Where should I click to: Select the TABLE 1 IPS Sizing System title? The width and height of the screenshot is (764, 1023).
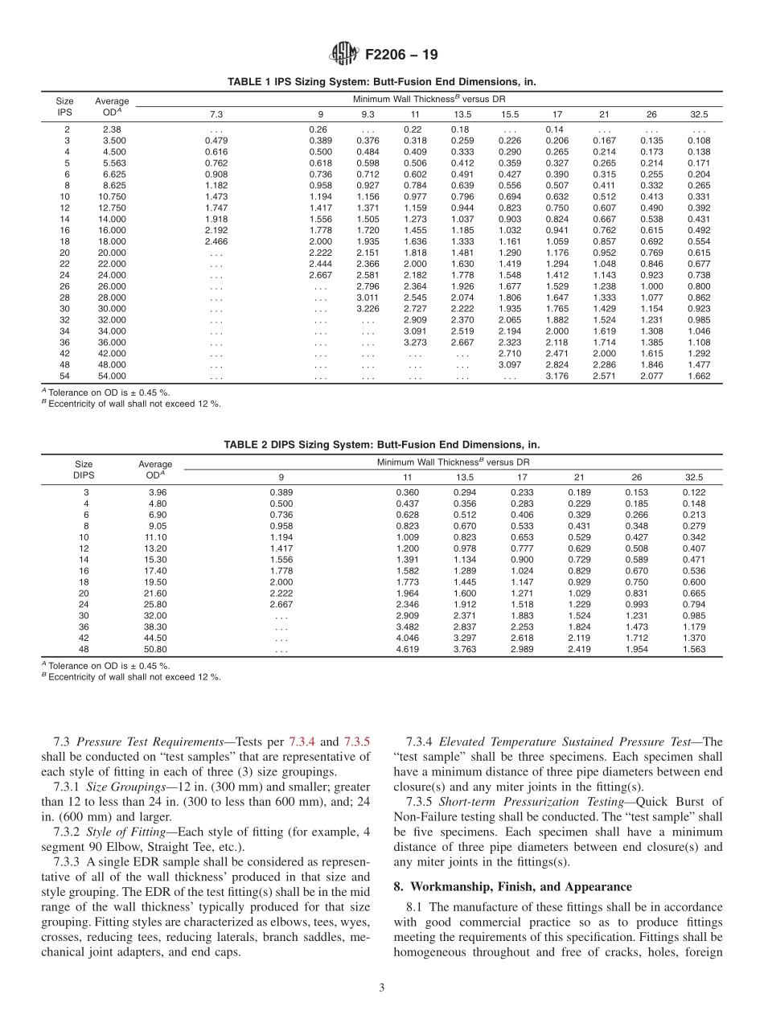(381, 82)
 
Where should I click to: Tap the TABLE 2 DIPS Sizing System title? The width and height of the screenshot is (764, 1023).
(381, 444)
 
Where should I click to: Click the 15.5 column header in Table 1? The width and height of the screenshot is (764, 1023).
(510, 114)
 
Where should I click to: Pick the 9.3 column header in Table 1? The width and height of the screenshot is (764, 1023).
(368, 114)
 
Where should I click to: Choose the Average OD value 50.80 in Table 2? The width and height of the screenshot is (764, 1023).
(155, 649)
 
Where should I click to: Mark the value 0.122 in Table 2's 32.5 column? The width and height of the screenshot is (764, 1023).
(693, 491)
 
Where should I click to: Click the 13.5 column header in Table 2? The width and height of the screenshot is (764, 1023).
(465, 476)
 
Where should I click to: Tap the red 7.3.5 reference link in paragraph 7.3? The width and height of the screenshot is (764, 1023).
(357, 742)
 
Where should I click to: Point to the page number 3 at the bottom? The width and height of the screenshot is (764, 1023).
(381, 988)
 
